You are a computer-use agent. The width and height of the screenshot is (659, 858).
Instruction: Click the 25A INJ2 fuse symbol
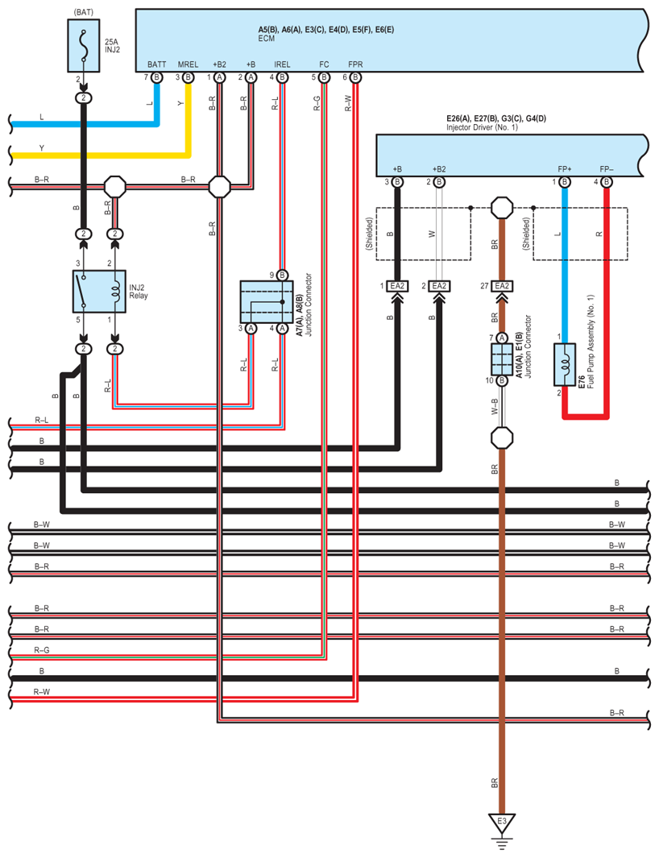pyautogui.click(x=84, y=45)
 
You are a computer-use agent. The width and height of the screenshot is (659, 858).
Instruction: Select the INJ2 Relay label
pyautogui.click(x=139, y=291)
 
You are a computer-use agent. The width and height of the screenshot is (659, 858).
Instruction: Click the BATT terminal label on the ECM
pyautogui.click(x=156, y=64)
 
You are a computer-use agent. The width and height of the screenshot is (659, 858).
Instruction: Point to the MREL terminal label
pyautogui.click(x=188, y=64)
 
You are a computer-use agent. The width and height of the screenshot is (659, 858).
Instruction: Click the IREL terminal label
pyautogui.click(x=283, y=64)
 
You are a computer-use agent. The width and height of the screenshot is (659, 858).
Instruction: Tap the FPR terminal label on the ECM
pyautogui.click(x=355, y=64)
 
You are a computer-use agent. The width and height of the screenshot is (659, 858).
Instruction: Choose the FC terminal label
pyautogui.click(x=324, y=64)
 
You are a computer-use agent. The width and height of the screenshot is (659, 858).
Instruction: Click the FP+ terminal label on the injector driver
pyautogui.click(x=564, y=169)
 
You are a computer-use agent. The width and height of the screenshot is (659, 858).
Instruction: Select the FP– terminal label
pyautogui.click(x=607, y=169)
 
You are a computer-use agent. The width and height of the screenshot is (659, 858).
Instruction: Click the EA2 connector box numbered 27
pyautogui.click(x=502, y=286)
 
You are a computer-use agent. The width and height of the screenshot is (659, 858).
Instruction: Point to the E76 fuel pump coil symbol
pyautogui.click(x=564, y=365)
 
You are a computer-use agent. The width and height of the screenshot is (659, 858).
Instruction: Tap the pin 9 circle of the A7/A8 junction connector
pyautogui.click(x=283, y=276)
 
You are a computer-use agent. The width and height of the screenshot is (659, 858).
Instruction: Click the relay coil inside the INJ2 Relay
pyautogui.click(x=115, y=291)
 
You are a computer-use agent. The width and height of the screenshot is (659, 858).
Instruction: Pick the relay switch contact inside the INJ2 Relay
pyautogui.click(x=82, y=291)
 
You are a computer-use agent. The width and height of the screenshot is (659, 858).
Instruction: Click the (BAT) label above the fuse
pyautogui.click(x=84, y=12)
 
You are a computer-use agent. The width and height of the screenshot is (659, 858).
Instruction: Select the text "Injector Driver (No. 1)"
pyautogui.click(x=483, y=127)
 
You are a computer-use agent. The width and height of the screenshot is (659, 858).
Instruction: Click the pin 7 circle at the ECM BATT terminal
pyautogui.click(x=156, y=77)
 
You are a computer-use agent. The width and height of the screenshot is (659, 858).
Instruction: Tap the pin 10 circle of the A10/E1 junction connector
pyautogui.click(x=502, y=380)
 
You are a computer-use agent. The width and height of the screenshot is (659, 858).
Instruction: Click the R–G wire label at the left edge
pyautogui.click(x=42, y=650)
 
